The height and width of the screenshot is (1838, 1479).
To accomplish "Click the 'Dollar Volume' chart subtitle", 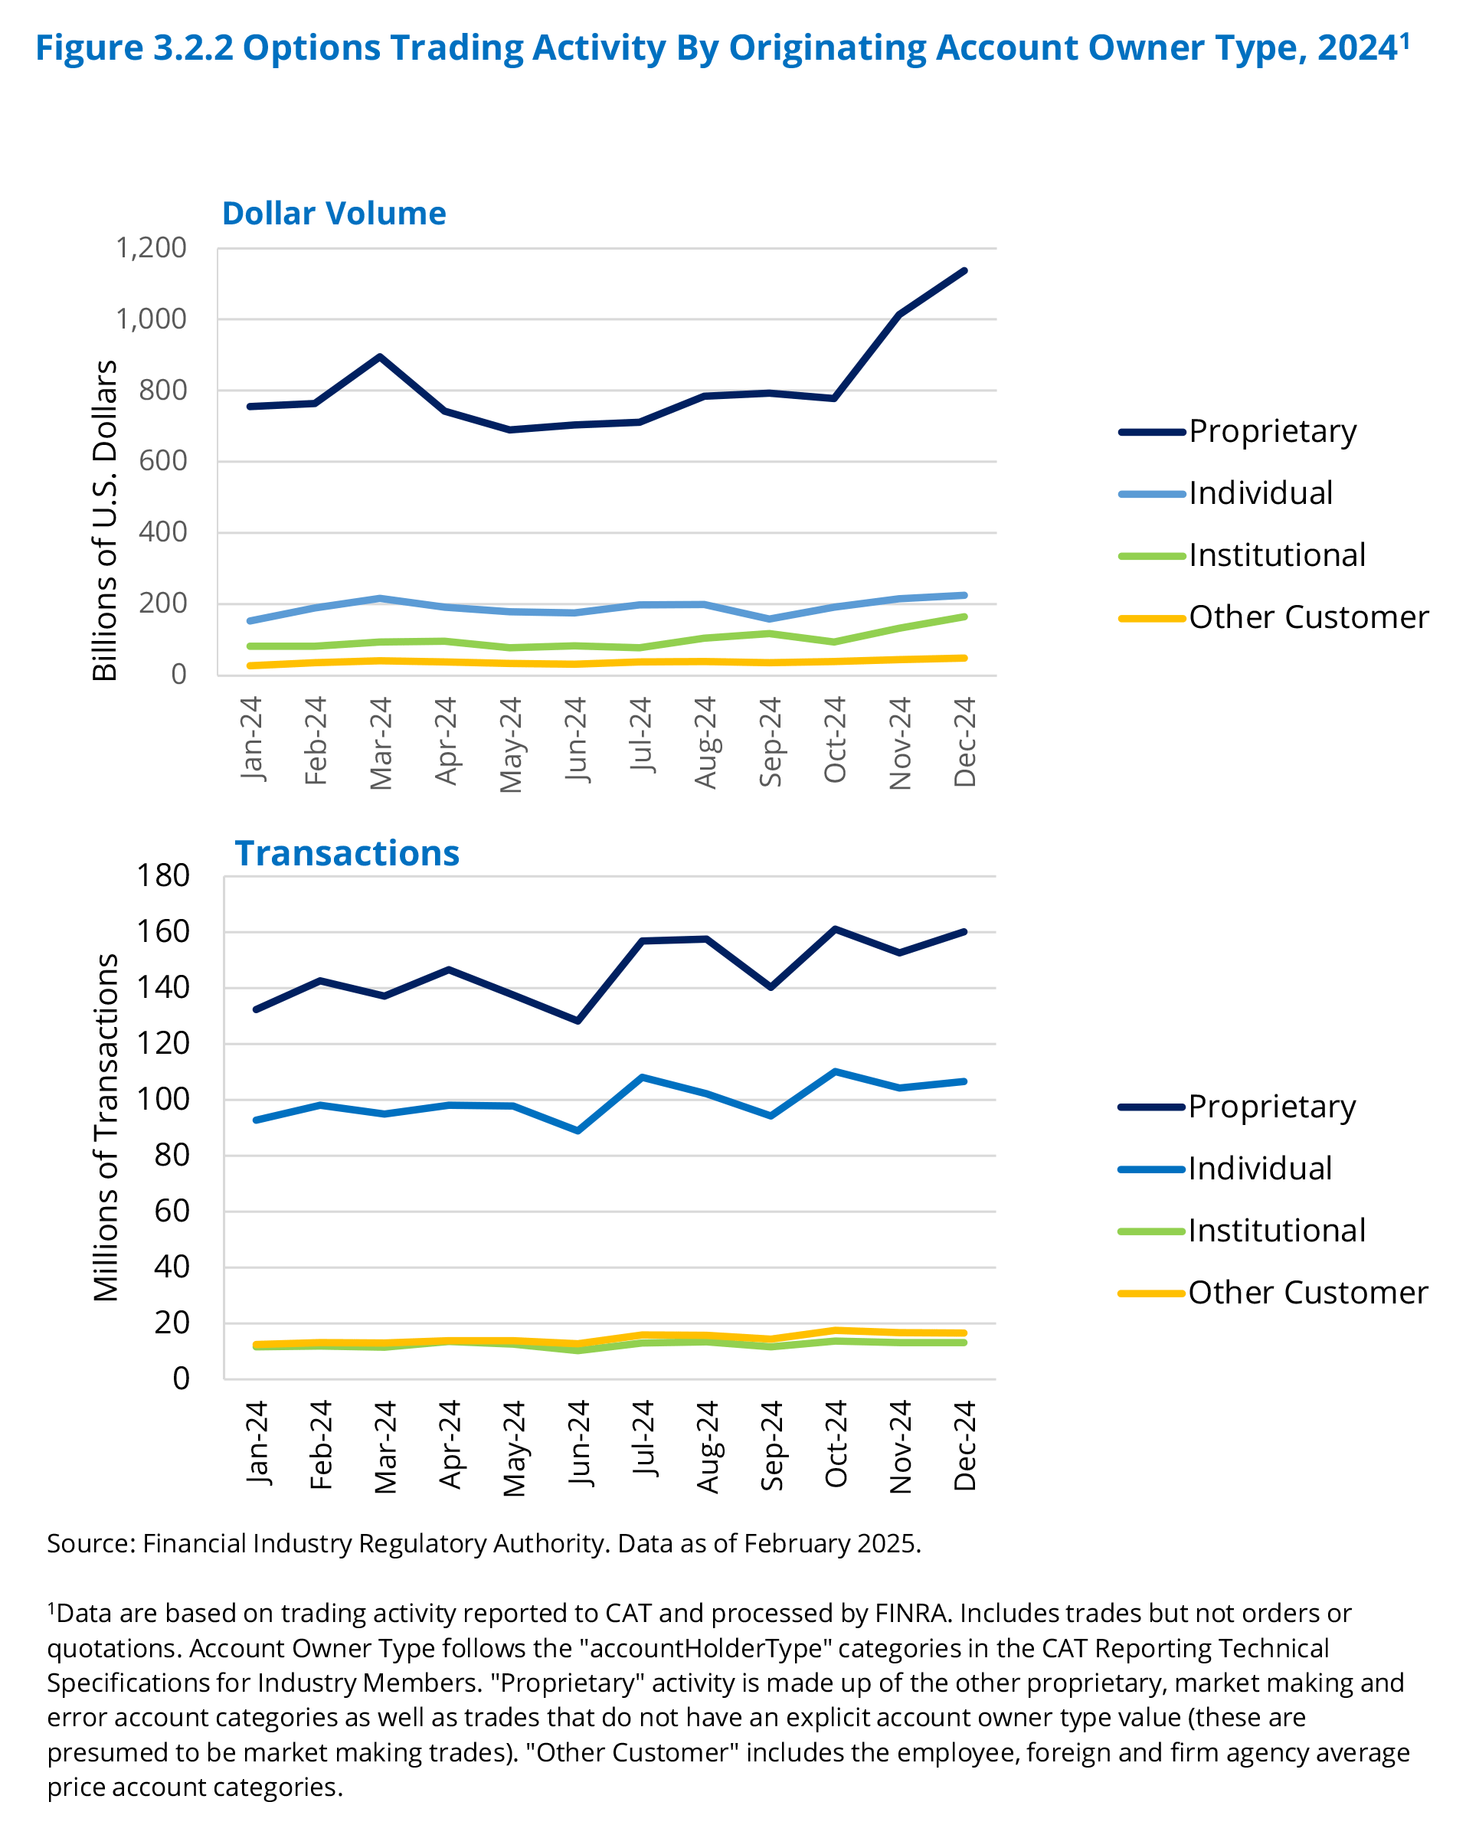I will (x=333, y=213).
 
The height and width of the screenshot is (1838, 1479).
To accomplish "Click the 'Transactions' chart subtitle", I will (x=347, y=853).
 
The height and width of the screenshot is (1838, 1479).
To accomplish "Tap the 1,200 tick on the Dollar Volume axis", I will (x=151, y=248).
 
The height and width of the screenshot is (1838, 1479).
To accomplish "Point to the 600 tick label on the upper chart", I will (x=163, y=461).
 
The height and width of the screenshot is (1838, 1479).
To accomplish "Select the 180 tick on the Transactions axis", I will (x=163, y=875).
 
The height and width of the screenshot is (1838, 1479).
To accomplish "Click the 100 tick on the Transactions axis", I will (x=163, y=1099).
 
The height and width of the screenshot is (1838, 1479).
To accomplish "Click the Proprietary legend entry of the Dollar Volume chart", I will (x=1272, y=431).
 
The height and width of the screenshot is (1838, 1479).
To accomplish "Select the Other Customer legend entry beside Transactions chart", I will (x=1307, y=1293).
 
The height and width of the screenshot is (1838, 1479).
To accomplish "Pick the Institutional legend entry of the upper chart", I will (x=1277, y=555).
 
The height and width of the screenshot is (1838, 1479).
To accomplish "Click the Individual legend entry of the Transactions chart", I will (x=1259, y=1168).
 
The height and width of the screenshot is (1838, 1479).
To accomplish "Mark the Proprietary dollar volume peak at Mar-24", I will (x=379, y=356).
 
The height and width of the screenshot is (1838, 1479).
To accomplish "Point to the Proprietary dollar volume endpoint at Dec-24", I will (x=964, y=271).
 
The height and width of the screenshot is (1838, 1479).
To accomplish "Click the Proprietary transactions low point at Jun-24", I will (x=579, y=1020).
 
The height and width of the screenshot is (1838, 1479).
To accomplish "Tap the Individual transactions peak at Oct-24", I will (x=836, y=1071).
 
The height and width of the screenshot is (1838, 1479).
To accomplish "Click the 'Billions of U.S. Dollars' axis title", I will (x=104, y=520).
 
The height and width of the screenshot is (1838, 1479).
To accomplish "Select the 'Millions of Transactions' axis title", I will (x=106, y=1127).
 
